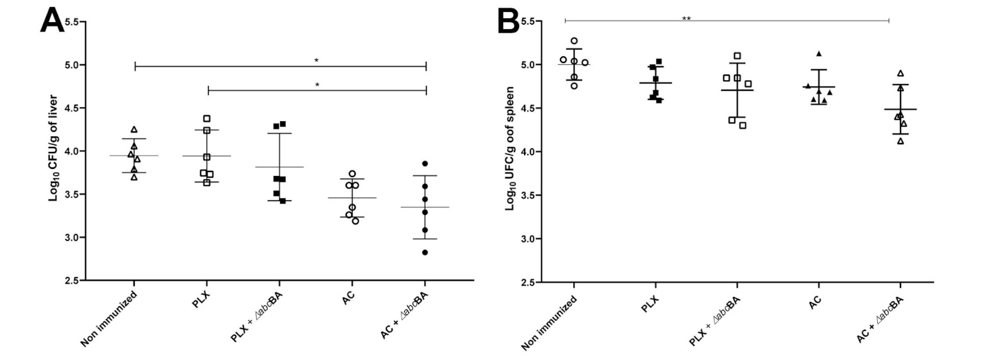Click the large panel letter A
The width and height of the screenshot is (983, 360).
52,21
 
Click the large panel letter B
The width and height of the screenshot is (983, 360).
508,21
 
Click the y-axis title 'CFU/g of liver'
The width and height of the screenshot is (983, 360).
54,148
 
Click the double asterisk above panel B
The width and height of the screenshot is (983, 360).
687,19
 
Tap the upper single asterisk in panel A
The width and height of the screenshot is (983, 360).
317,61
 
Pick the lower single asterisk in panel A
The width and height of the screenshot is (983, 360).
317,85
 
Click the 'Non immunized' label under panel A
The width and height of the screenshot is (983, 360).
108,318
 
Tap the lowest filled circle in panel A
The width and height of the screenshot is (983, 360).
425,252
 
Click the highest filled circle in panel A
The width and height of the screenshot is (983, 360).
425,164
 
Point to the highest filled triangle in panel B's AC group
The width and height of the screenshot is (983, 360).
818,54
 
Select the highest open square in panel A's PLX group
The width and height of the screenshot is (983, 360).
207,119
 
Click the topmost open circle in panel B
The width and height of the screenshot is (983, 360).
574,41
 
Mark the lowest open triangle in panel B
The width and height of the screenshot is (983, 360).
900,141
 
